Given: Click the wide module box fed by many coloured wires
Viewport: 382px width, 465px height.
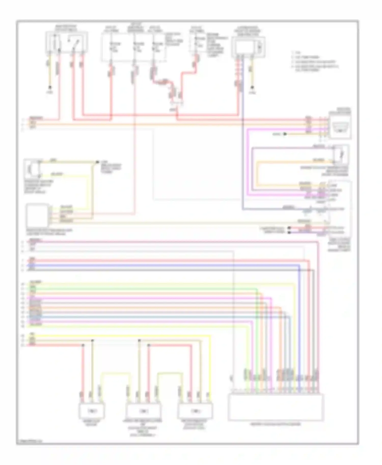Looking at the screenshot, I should click(276, 407).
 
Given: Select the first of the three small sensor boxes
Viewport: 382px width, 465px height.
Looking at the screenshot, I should click(91, 411).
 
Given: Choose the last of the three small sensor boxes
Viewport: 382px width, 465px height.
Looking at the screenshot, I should click(195, 411).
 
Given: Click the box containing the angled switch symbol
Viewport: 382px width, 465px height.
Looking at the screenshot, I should click(66, 42).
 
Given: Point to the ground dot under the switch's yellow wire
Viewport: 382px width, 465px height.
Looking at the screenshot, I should click(50, 87).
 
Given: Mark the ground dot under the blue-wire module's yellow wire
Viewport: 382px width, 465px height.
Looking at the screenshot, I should click(252, 87).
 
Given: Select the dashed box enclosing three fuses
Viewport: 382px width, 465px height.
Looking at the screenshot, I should click(134, 47).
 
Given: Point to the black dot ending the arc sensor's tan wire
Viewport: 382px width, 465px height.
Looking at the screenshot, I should click(97, 162).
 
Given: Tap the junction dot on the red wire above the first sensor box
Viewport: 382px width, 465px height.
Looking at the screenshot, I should click(83, 345).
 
